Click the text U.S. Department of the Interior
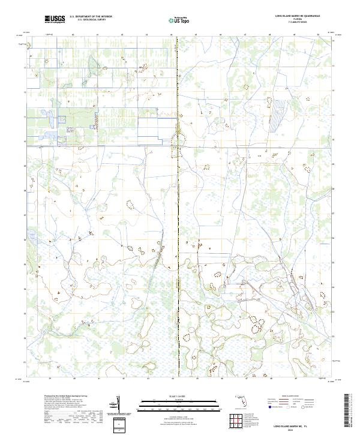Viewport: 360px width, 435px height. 91,17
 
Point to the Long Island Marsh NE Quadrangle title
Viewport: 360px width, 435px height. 297,16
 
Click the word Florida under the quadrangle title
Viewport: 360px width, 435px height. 298,19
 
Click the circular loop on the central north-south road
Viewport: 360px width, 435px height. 177,140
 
